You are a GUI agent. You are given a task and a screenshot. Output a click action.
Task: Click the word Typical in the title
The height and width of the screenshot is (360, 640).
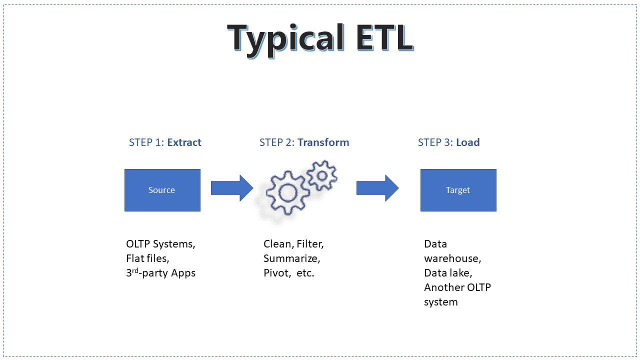285,40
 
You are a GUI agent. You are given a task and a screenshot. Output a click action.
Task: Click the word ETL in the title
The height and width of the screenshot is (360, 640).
385,37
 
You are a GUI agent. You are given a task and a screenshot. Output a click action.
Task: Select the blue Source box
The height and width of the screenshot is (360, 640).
162,190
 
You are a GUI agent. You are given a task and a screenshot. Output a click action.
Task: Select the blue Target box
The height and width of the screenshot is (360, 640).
458,190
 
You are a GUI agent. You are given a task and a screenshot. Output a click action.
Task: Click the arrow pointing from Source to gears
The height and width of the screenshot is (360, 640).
232,188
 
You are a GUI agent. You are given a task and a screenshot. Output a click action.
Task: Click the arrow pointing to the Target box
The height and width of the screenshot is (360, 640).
377,188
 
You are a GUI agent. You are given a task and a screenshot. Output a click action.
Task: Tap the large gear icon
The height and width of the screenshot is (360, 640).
287,192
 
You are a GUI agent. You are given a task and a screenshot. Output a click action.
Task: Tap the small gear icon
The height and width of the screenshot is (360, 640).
322,175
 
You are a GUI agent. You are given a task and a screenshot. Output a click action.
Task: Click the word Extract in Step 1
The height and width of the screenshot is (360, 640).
184,142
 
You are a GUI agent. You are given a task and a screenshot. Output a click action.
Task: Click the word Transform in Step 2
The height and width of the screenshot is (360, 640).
323,142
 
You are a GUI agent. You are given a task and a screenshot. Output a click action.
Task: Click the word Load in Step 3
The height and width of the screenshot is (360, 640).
467,142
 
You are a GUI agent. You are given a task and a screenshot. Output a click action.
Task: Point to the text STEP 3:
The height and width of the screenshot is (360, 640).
435,142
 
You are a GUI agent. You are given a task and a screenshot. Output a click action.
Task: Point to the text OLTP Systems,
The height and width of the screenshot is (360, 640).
160,244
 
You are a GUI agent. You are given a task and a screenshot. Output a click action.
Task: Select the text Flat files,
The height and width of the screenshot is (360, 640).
147,258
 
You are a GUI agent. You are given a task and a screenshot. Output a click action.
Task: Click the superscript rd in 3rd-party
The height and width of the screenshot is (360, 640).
135,270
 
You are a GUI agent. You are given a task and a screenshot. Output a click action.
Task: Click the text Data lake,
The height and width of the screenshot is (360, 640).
448,273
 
